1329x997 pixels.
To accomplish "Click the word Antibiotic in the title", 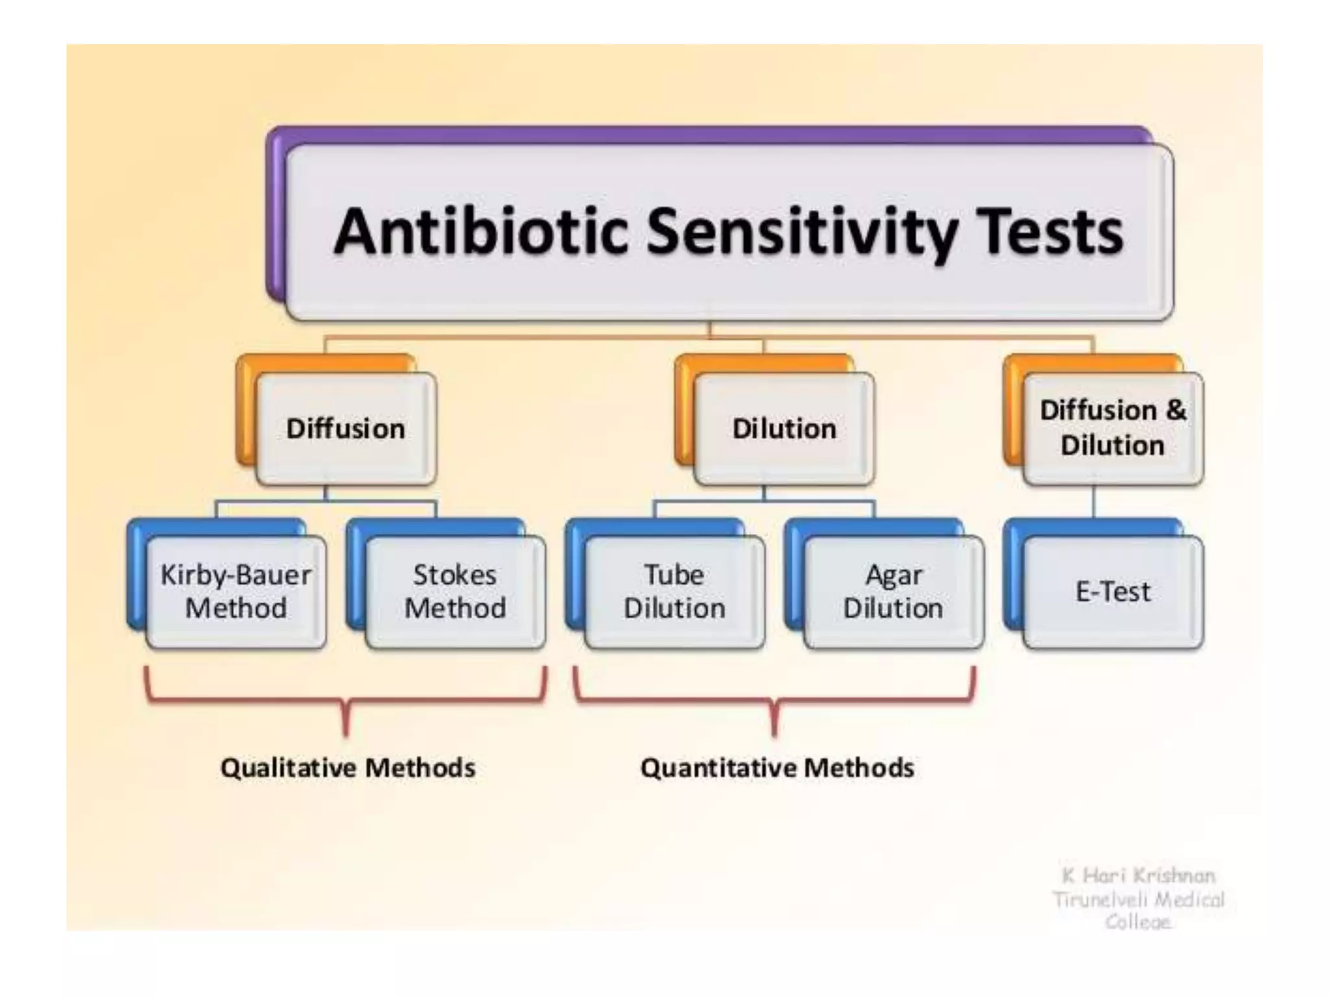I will [x=481, y=232].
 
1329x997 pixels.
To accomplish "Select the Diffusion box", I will [x=346, y=429].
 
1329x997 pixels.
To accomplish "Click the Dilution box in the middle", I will [x=784, y=429].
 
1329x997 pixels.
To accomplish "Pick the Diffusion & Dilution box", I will [x=1112, y=428].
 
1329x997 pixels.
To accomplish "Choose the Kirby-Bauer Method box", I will [x=236, y=591].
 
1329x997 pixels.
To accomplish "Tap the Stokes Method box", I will [x=455, y=591].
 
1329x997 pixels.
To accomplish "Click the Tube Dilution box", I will [x=674, y=591].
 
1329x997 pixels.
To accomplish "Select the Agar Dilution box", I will [x=893, y=591].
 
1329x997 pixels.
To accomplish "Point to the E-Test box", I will [x=1112, y=591].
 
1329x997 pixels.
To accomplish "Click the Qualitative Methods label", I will [x=348, y=768].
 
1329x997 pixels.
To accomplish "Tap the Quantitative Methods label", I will [x=777, y=768].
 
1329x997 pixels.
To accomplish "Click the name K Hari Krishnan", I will [x=1138, y=876].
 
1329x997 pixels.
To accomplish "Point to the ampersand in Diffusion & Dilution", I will [x=1175, y=410].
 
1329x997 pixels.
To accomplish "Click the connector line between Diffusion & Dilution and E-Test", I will [x=1094, y=501].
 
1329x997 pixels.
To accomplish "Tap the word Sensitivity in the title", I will [x=802, y=232].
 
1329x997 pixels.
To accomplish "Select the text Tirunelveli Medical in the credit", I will [x=1138, y=900].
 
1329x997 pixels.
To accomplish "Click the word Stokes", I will [x=455, y=575].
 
